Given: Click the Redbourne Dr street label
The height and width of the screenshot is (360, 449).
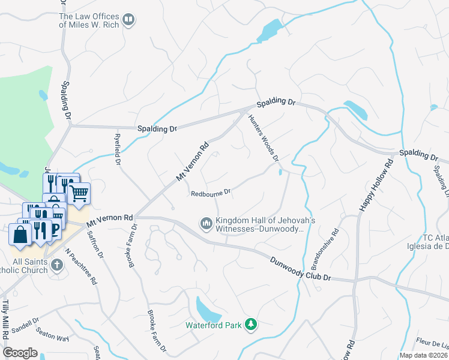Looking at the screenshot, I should point(211,193).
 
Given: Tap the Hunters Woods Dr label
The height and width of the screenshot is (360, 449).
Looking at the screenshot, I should point(263,138).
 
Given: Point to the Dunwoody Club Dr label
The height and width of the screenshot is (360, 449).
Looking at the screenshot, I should point(300,269).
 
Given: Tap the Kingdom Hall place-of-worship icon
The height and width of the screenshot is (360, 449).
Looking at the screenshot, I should point(206,224).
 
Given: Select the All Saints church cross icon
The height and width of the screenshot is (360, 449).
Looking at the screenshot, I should point(56,265).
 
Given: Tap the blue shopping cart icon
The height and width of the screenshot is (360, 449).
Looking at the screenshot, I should point(79,193).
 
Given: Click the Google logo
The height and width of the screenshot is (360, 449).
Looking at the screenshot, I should point(20,353).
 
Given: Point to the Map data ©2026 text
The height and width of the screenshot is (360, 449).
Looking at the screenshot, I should point(423,355).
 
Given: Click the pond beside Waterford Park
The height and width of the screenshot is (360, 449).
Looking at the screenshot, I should point(208,310).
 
